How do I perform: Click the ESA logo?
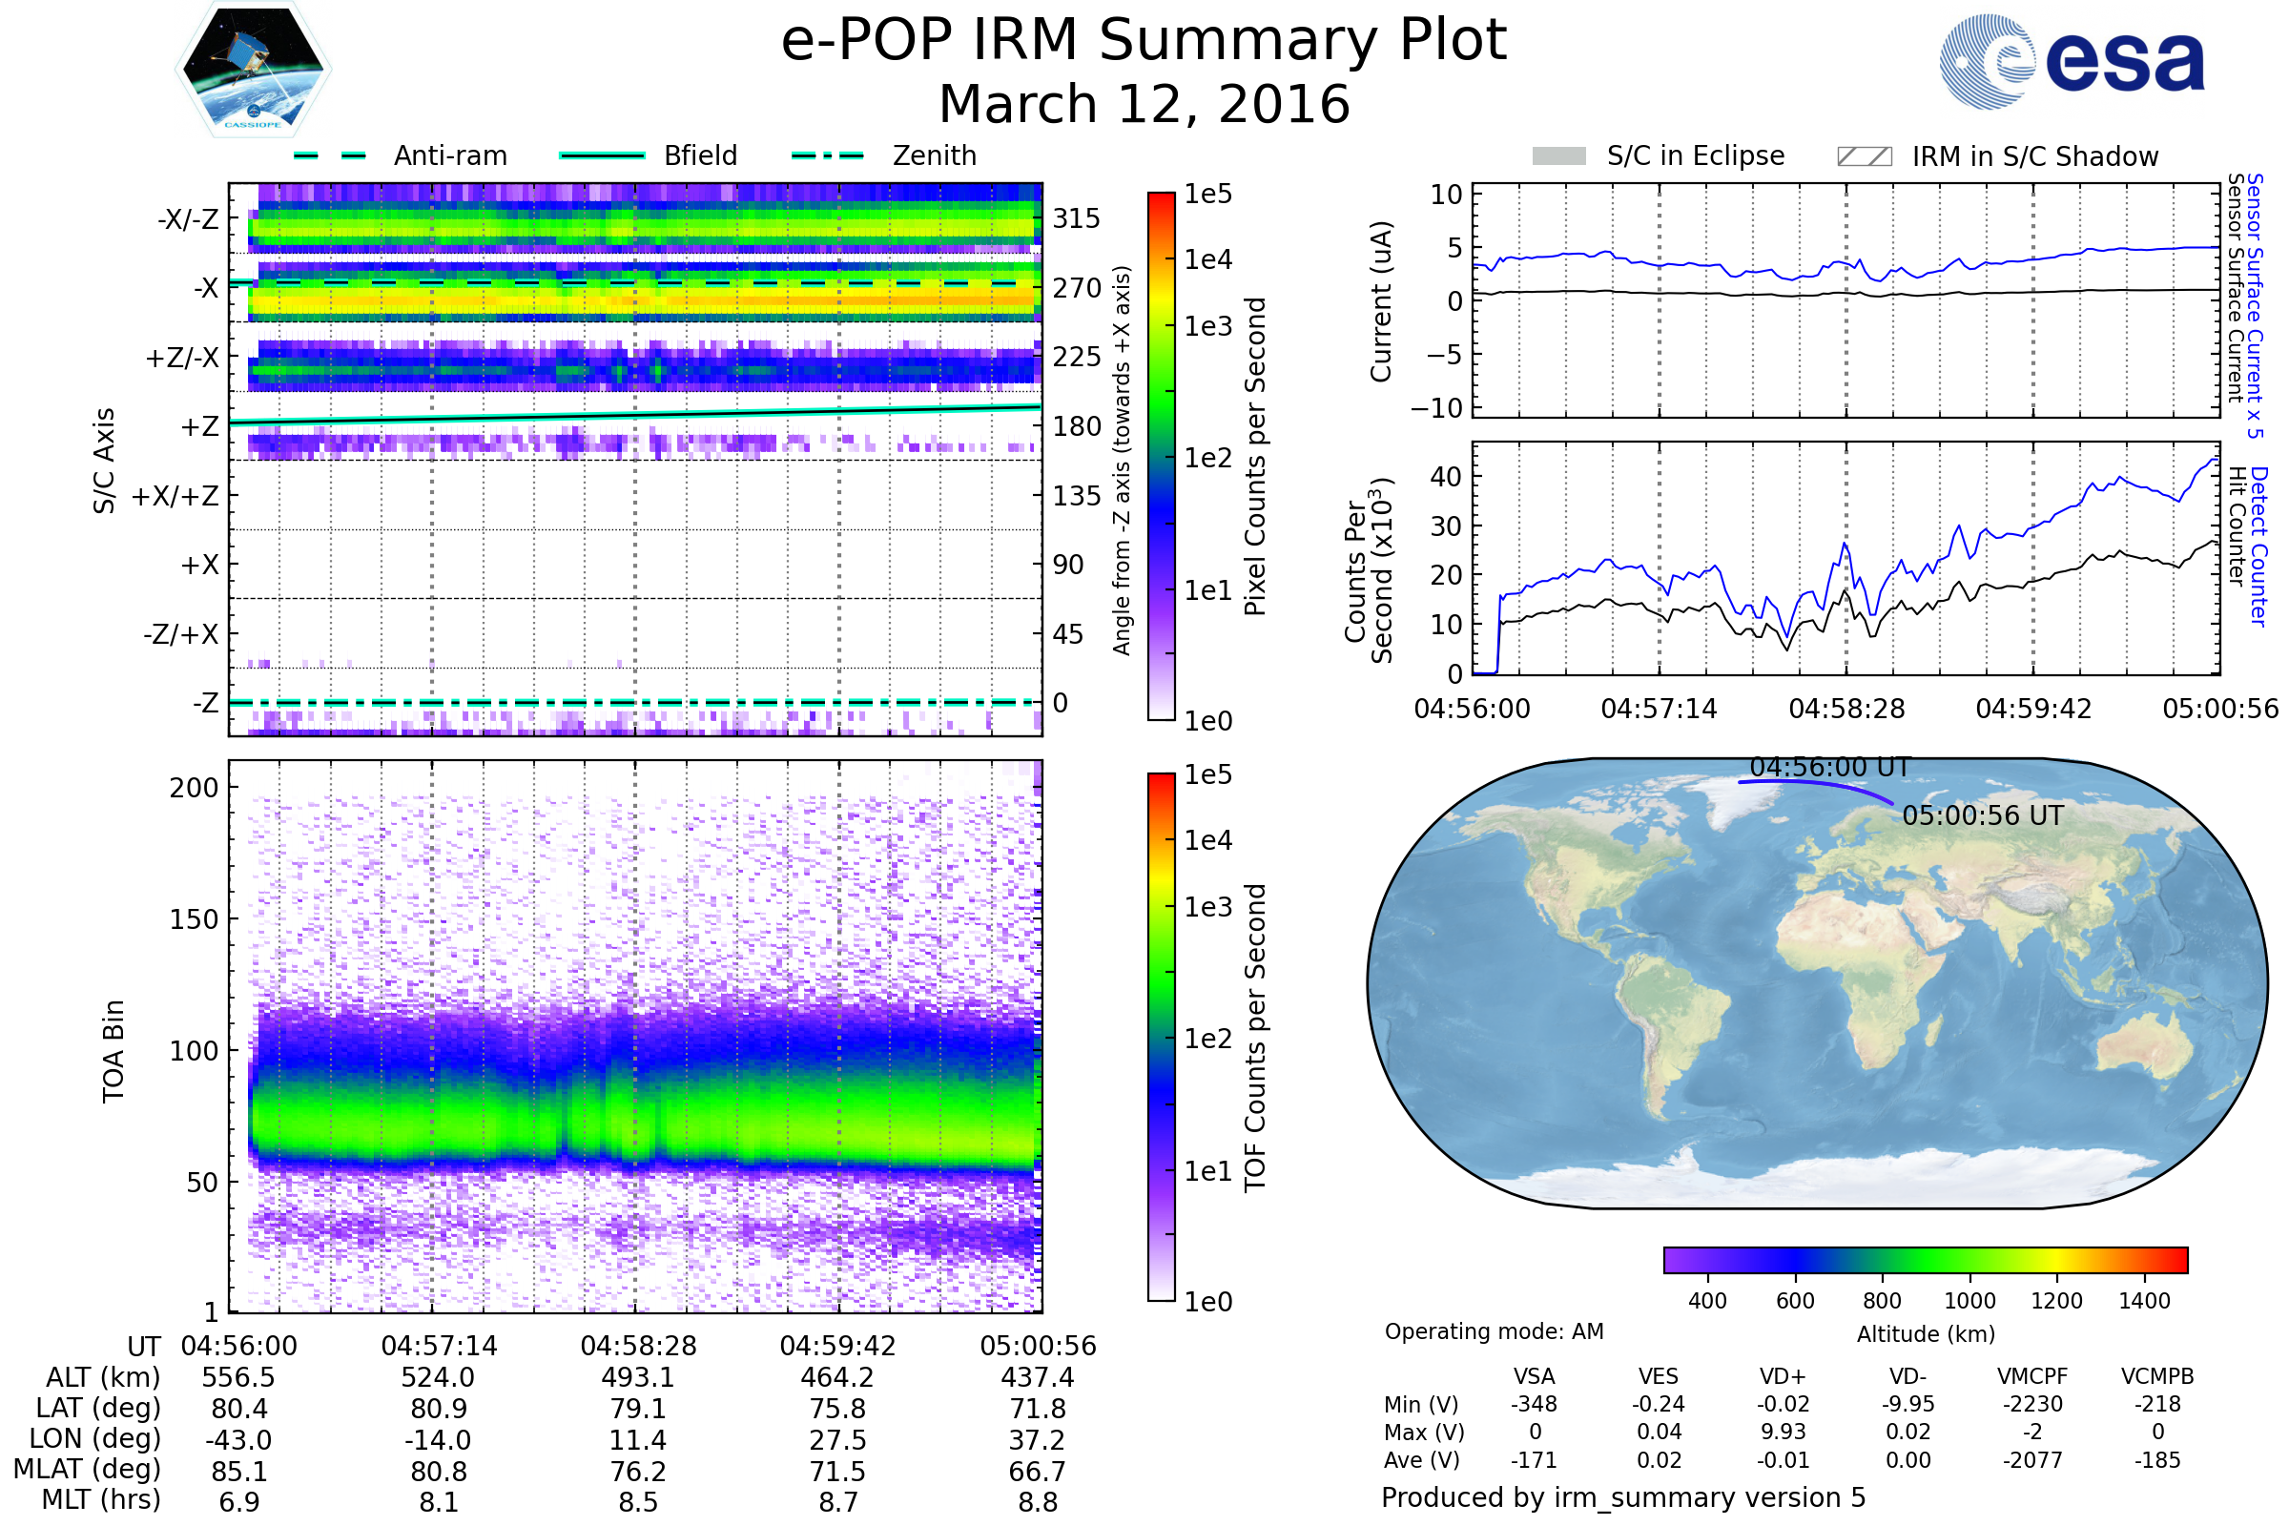[2072, 61]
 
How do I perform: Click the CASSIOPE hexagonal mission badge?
[253, 68]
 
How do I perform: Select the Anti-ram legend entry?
[449, 155]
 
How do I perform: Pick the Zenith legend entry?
[934, 155]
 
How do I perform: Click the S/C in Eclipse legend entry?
[1695, 155]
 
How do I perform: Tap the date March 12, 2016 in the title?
[1144, 104]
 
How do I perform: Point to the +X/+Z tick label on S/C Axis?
[175, 496]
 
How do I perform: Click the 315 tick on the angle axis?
[1077, 219]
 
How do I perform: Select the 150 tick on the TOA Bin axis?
[194, 919]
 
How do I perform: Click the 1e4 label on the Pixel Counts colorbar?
[1207, 259]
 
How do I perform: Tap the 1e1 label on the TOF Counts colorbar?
[1207, 1172]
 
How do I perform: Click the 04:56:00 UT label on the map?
[1830, 768]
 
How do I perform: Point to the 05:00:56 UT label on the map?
[1983, 815]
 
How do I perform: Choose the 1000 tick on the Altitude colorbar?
[1969, 1301]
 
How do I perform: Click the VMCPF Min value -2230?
[2032, 1404]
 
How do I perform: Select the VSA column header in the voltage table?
[1534, 1377]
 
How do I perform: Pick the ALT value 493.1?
[638, 1378]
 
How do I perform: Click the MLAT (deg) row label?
[88, 1470]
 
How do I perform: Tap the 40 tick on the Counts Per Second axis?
[1446, 477]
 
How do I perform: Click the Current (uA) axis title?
[1381, 301]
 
